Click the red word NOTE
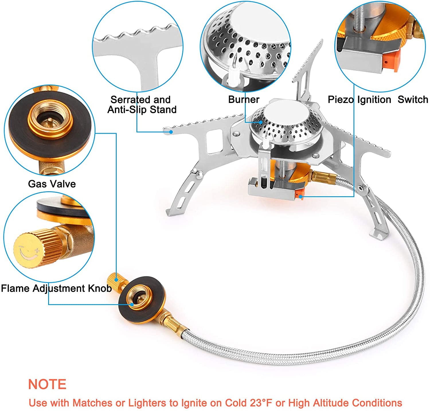(47, 384)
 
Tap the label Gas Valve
(52, 184)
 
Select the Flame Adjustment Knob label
(56, 288)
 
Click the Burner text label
(244, 100)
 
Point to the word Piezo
(341, 100)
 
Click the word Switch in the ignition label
(413, 100)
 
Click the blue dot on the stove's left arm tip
(171, 132)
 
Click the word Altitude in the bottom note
(332, 403)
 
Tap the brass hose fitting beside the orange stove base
(324, 177)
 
